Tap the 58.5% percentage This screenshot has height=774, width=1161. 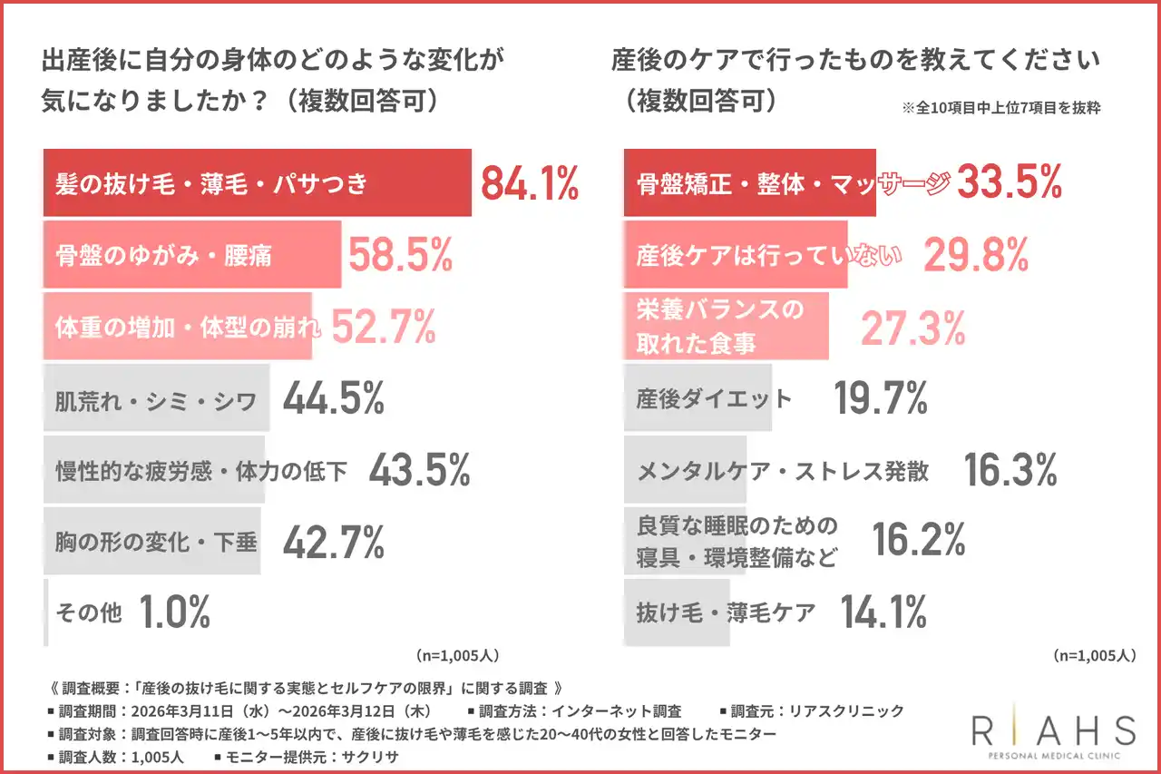point(400,256)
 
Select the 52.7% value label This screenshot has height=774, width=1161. point(384,327)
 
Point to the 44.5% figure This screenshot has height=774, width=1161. point(334,398)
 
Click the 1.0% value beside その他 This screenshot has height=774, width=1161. point(175,613)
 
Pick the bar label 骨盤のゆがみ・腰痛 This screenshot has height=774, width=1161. point(164,256)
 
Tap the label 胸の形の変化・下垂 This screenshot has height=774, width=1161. point(157,543)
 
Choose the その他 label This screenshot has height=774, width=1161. point(88,613)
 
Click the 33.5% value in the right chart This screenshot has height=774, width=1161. point(1010,182)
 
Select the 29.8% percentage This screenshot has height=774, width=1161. point(976,256)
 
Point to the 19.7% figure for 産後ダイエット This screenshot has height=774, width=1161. point(881,398)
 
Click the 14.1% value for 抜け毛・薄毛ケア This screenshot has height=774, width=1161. point(883,612)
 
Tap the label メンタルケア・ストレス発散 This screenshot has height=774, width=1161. point(783,471)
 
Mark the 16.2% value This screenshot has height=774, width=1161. point(919,541)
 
